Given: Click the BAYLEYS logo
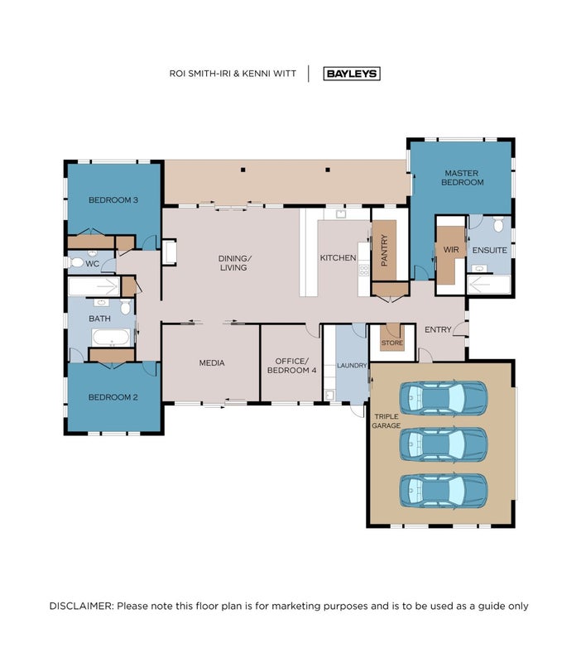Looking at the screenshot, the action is click(352, 74).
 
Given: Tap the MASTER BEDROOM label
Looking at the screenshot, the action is click(463, 178).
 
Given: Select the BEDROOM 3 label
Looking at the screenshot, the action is click(113, 200).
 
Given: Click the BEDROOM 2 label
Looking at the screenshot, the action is click(113, 397).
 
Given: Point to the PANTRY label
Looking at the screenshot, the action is click(384, 251).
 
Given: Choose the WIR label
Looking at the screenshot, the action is click(451, 250).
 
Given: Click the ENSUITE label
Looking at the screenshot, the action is click(489, 251).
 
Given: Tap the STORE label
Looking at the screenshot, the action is click(392, 343).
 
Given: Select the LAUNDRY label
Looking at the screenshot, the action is click(352, 366).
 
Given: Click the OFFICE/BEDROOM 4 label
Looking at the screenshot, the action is click(292, 366).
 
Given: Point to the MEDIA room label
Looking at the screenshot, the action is click(212, 362).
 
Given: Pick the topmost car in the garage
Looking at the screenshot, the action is click(444, 398).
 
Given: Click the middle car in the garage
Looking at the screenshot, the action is click(444, 444).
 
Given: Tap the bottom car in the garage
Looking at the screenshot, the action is click(444, 492).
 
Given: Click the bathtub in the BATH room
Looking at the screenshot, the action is click(111, 338).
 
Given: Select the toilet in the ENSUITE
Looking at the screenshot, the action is click(498, 223).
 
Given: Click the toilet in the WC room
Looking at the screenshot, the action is click(76, 262).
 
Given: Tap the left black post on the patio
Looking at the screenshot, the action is click(242, 170).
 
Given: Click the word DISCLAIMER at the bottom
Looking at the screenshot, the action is click(81, 607).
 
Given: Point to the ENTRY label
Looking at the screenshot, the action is click(438, 329).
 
